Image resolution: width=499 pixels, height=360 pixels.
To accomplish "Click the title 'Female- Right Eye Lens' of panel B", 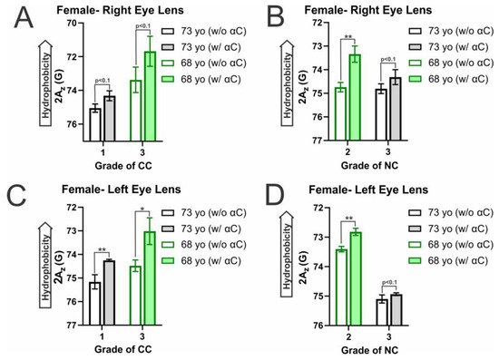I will [338, 11].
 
